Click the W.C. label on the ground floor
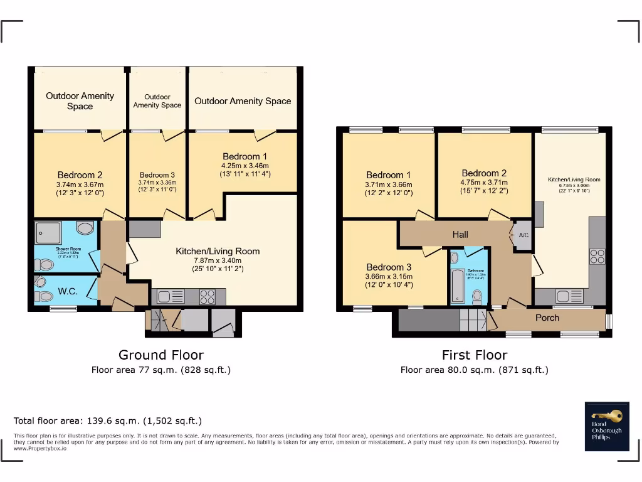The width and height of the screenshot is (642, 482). [66, 291]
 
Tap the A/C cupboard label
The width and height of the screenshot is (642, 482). [524, 236]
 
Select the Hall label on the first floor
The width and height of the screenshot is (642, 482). [460, 234]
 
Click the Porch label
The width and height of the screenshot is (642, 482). [547, 318]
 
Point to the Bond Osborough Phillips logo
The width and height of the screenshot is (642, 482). [606, 426]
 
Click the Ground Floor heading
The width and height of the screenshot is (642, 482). [161, 355]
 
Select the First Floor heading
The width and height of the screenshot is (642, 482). [474, 355]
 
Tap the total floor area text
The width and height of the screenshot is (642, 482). [108, 420]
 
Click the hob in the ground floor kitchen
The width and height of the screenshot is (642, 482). [208, 297]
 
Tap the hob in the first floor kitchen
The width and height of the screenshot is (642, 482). [597, 256]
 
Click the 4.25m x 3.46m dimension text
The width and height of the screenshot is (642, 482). [245, 165]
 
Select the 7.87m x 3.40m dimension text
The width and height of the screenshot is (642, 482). [217, 260]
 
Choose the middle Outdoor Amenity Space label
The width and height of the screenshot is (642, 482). [157, 101]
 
